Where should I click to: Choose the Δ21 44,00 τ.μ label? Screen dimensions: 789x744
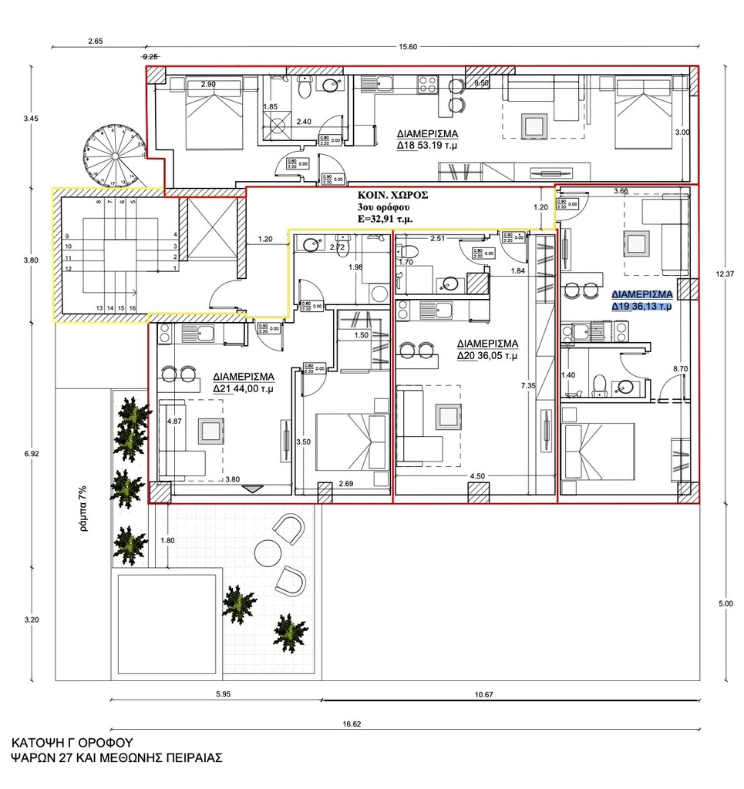244,389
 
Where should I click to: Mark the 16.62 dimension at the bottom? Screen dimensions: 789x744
351,724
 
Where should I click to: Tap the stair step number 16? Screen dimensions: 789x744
133,308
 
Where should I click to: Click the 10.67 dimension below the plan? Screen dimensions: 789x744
483,695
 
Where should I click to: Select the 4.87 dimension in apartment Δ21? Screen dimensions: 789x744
174,421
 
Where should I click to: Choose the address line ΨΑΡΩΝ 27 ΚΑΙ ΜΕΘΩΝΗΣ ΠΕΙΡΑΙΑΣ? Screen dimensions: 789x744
116,757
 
